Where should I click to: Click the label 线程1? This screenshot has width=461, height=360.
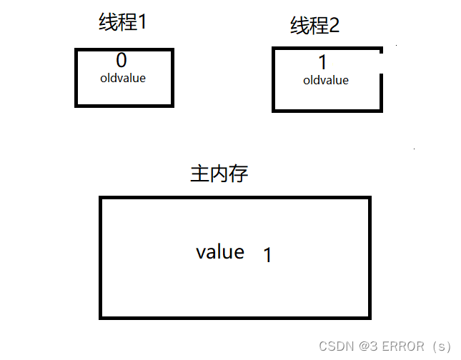tap(122, 23)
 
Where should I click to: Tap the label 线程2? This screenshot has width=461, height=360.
tap(314, 26)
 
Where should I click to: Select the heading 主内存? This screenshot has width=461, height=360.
tap(219, 174)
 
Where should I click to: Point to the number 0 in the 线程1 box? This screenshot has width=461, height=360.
tap(121, 61)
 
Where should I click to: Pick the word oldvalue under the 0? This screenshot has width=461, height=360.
tap(123, 78)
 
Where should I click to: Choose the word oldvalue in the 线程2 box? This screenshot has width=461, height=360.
tap(326, 81)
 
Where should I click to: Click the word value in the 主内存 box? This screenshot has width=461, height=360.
tap(220, 252)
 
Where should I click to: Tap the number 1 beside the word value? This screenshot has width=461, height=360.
tap(267, 255)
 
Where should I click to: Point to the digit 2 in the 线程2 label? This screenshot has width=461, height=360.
tap(333, 26)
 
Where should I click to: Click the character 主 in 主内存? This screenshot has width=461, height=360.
tap(199, 174)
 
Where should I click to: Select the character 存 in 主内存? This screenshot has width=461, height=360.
tap(239, 174)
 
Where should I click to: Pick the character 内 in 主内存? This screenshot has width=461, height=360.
tap(219, 174)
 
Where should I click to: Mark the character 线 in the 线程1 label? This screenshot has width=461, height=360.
tap(107, 23)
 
